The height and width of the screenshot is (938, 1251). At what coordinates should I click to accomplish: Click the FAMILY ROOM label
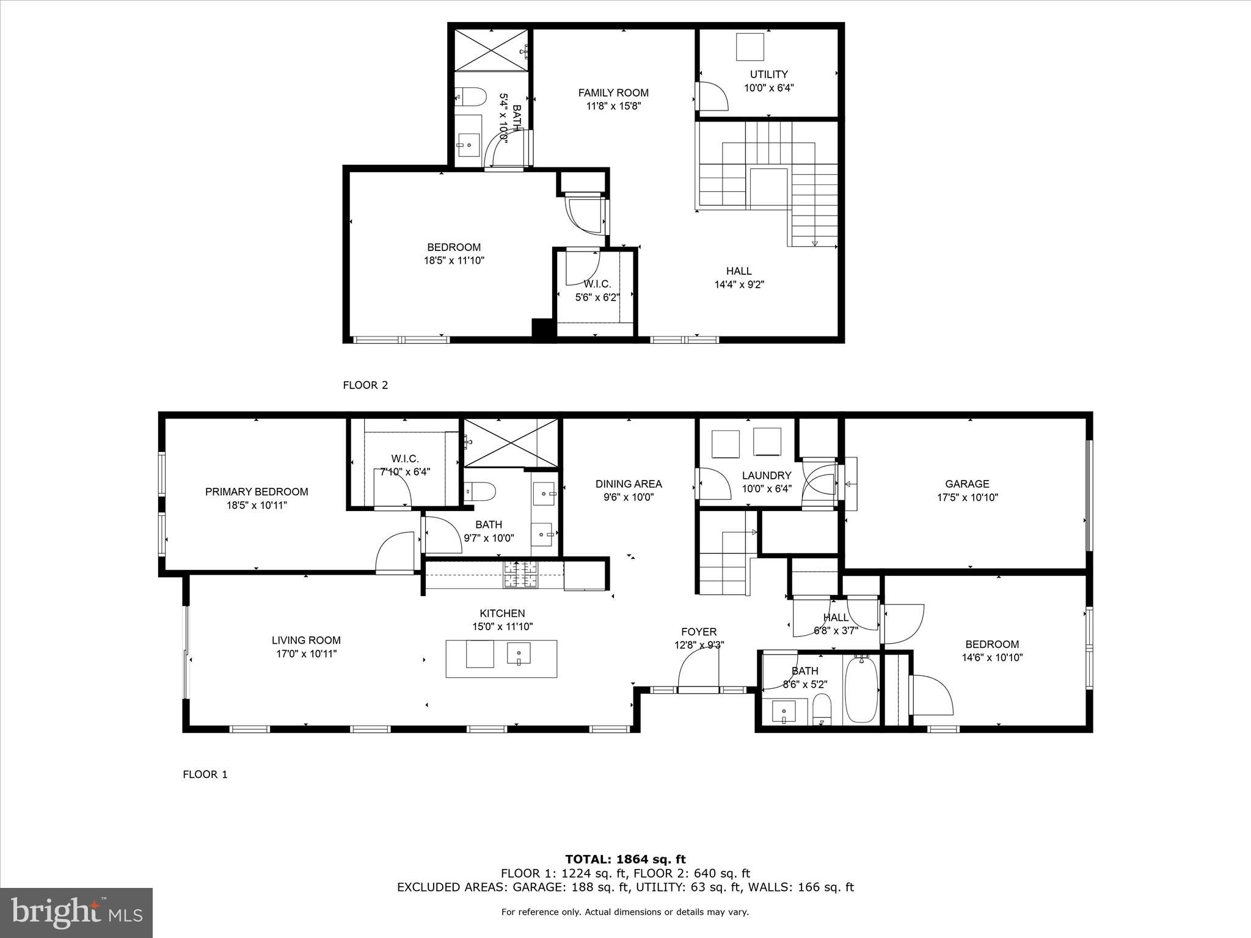[x=613, y=93]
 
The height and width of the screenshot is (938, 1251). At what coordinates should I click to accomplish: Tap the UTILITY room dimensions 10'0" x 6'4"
[x=768, y=88]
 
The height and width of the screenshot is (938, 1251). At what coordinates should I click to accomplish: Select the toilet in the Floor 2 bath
[x=471, y=96]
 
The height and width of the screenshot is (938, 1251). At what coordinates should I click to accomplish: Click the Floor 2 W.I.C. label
[x=597, y=284]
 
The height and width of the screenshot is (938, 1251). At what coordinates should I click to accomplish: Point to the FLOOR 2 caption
[x=365, y=385]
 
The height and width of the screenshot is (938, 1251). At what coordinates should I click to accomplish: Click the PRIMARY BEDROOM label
[x=256, y=492]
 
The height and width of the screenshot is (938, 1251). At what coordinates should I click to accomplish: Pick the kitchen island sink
[x=519, y=654]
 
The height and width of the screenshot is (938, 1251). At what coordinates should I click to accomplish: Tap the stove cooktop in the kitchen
[x=520, y=574]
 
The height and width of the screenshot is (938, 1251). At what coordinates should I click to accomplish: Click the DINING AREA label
[x=629, y=484]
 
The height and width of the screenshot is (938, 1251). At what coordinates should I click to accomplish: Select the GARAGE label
[x=967, y=484]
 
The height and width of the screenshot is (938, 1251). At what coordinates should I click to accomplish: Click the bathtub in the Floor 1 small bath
[x=861, y=691]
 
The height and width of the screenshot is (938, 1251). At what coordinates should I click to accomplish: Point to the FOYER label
[x=699, y=631]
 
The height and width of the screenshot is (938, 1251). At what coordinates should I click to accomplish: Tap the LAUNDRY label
[x=767, y=475]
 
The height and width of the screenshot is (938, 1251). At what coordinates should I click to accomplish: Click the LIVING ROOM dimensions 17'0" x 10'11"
[x=306, y=654]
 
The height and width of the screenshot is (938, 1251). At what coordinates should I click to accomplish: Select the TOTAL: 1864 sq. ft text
[x=625, y=860]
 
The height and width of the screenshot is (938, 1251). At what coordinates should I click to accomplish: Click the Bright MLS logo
[x=76, y=912]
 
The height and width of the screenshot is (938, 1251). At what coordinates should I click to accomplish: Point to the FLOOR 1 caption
[x=205, y=775]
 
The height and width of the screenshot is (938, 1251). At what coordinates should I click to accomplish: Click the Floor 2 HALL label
[x=739, y=271]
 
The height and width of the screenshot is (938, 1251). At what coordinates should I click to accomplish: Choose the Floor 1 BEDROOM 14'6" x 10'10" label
[x=991, y=644]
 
